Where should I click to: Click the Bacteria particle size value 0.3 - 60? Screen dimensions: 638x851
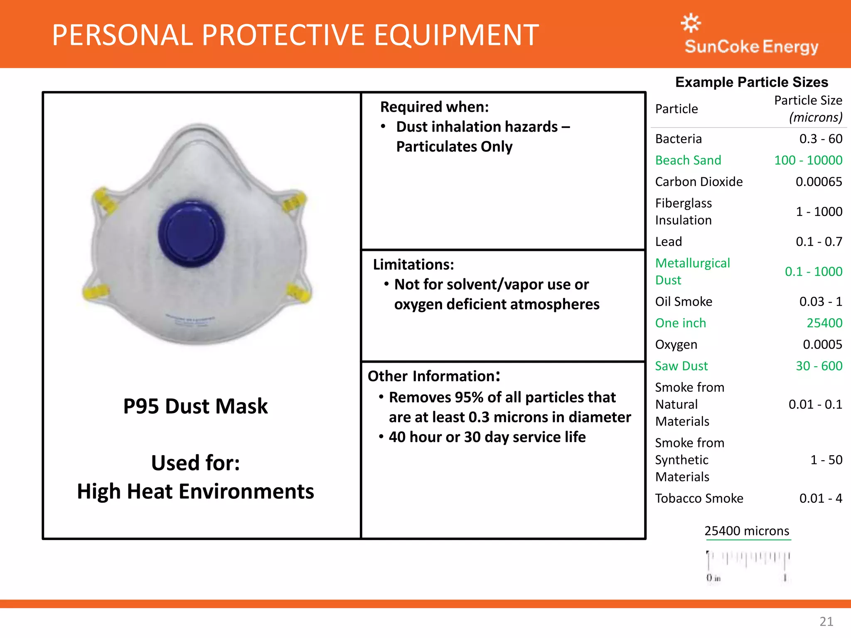coord(821,139)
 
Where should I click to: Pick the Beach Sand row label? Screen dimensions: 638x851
coord(688,160)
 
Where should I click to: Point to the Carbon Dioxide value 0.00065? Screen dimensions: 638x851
coord(819,182)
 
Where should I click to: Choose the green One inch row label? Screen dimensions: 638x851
coord(681,323)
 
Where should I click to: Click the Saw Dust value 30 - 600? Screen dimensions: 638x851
coord(819,366)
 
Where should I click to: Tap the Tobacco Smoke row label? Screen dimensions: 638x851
coord(699,498)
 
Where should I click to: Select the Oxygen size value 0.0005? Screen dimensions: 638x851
coord(822,344)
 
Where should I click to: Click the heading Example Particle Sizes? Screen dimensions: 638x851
coord(752,82)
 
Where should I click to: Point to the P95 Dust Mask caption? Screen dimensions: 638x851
coord(196,406)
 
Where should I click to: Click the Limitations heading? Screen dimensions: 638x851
coord(413,265)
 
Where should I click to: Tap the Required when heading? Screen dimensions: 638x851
coord(435,107)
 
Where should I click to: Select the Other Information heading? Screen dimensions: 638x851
coord(434,376)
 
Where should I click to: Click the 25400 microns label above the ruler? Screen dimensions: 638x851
coord(747,531)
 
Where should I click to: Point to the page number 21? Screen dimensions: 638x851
coord(826,621)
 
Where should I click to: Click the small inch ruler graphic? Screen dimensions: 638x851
coord(748,565)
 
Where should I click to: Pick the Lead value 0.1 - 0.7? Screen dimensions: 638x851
coord(819,242)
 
